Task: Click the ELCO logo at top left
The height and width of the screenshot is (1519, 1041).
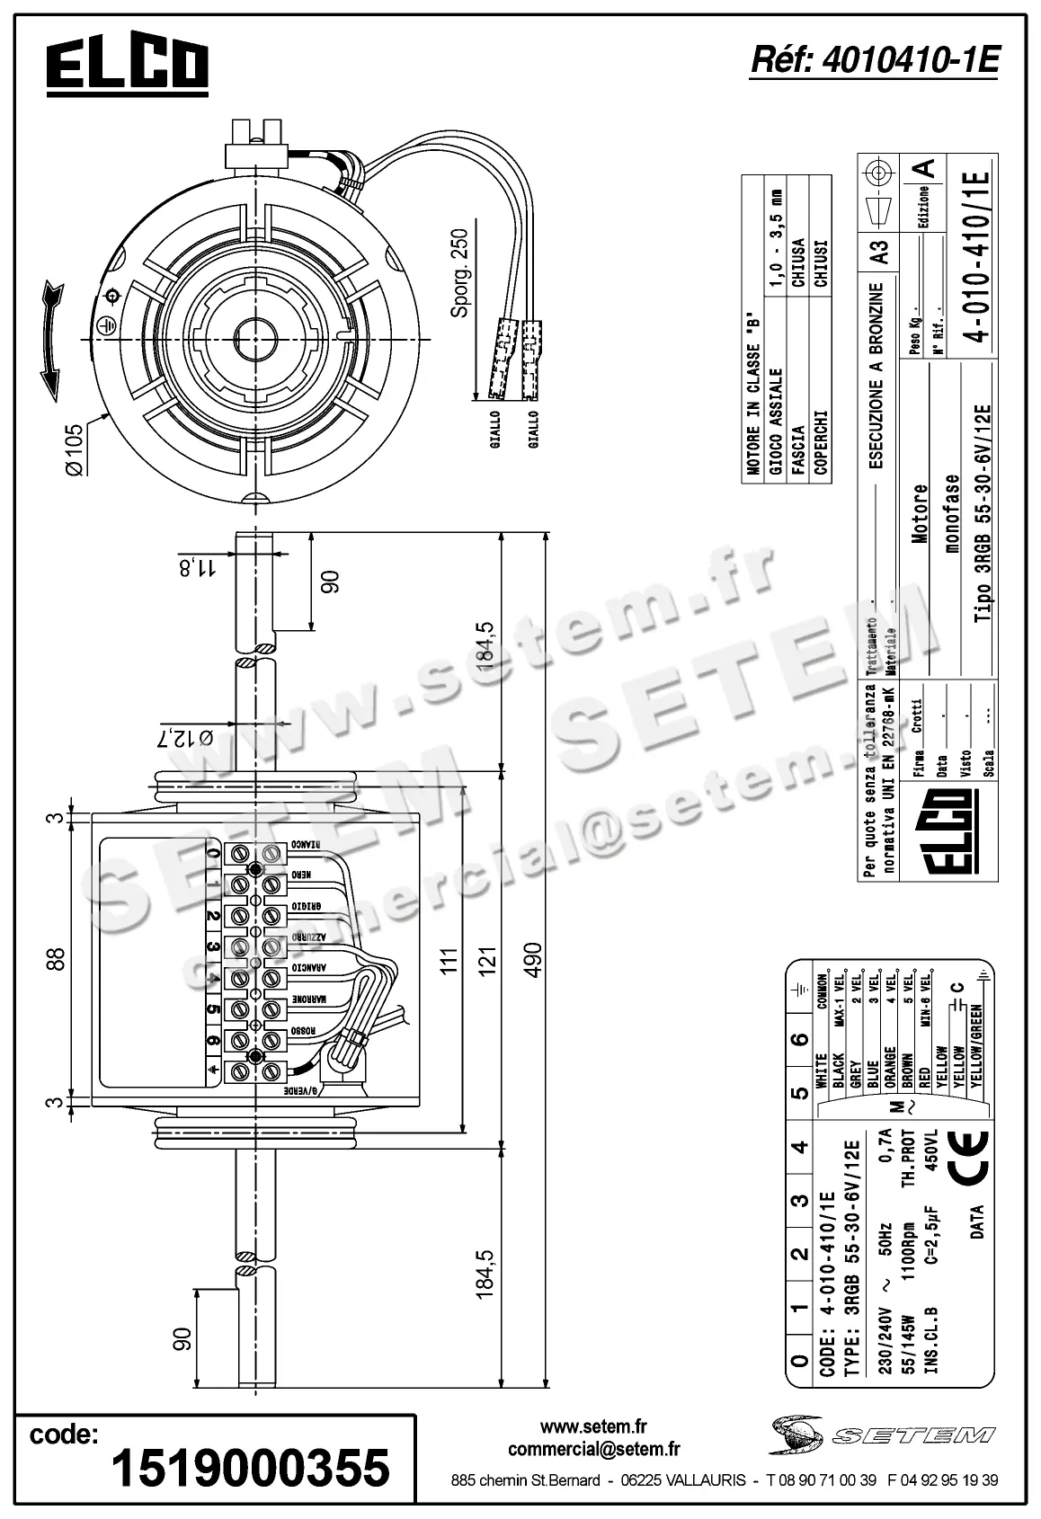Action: pos(128,67)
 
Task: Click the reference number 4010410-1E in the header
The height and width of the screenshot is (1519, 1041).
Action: pos(873,61)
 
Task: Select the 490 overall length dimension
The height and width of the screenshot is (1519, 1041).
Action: pos(532,963)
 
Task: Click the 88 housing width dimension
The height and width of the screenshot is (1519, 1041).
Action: pos(55,959)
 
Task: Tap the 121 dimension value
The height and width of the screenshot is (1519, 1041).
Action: pos(487,959)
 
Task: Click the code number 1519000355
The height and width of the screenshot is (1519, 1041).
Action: pos(250,1468)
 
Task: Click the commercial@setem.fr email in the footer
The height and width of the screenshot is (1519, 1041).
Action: pos(593,1449)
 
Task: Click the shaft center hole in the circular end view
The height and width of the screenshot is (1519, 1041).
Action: pos(258,338)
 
